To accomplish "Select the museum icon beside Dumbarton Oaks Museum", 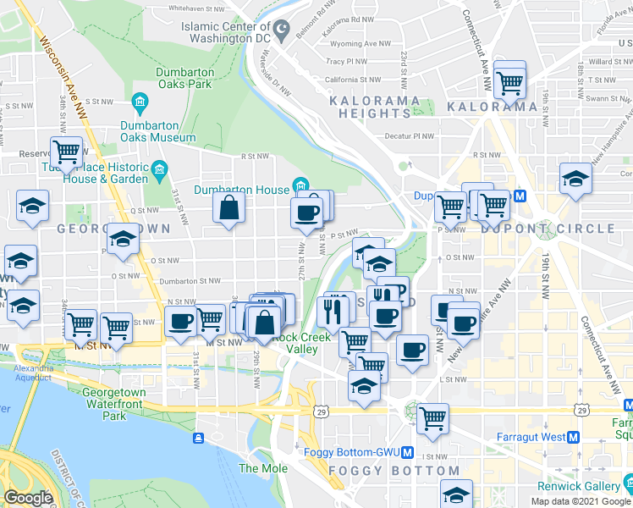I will tap(140, 103).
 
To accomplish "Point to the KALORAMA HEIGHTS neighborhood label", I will tap(372, 107).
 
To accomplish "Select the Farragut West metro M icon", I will tap(574, 437).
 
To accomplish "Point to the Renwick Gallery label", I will tap(579, 487).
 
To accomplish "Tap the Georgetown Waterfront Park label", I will tap(113, 404).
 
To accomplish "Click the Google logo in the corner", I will tap(29, 498).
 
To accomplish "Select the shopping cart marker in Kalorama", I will tap(510, 82).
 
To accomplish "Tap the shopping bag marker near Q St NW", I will tap(228, 207).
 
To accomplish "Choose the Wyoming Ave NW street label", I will tap(360, 43).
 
